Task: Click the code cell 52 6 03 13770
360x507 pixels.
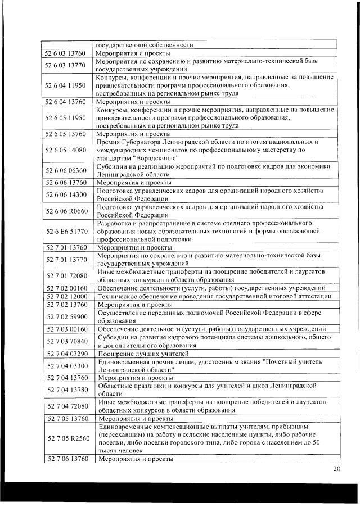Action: (x=66, y=65)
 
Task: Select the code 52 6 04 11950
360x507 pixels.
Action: (x=66, y=85)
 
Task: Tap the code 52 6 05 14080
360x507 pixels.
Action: (x=66, y=150)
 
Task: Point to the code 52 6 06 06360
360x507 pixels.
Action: (x=66, y=170)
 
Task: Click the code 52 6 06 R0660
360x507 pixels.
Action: (x=66, y=211)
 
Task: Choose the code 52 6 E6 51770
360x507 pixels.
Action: (x=66, y=230)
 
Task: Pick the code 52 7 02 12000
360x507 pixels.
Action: (x=66, y=296)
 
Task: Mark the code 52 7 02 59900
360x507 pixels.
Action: (x=66, y=316)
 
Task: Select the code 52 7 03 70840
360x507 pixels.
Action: (x=66, y=341)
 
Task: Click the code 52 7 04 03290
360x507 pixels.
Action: (x=66, y=354)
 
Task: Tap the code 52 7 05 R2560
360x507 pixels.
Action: (x=66, y=438)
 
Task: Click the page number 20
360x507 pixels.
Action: (x=337, y=469)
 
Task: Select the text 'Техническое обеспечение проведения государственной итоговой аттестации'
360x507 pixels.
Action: (x=214, y=296)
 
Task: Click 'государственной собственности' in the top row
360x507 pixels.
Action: (x=145, y=44)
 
